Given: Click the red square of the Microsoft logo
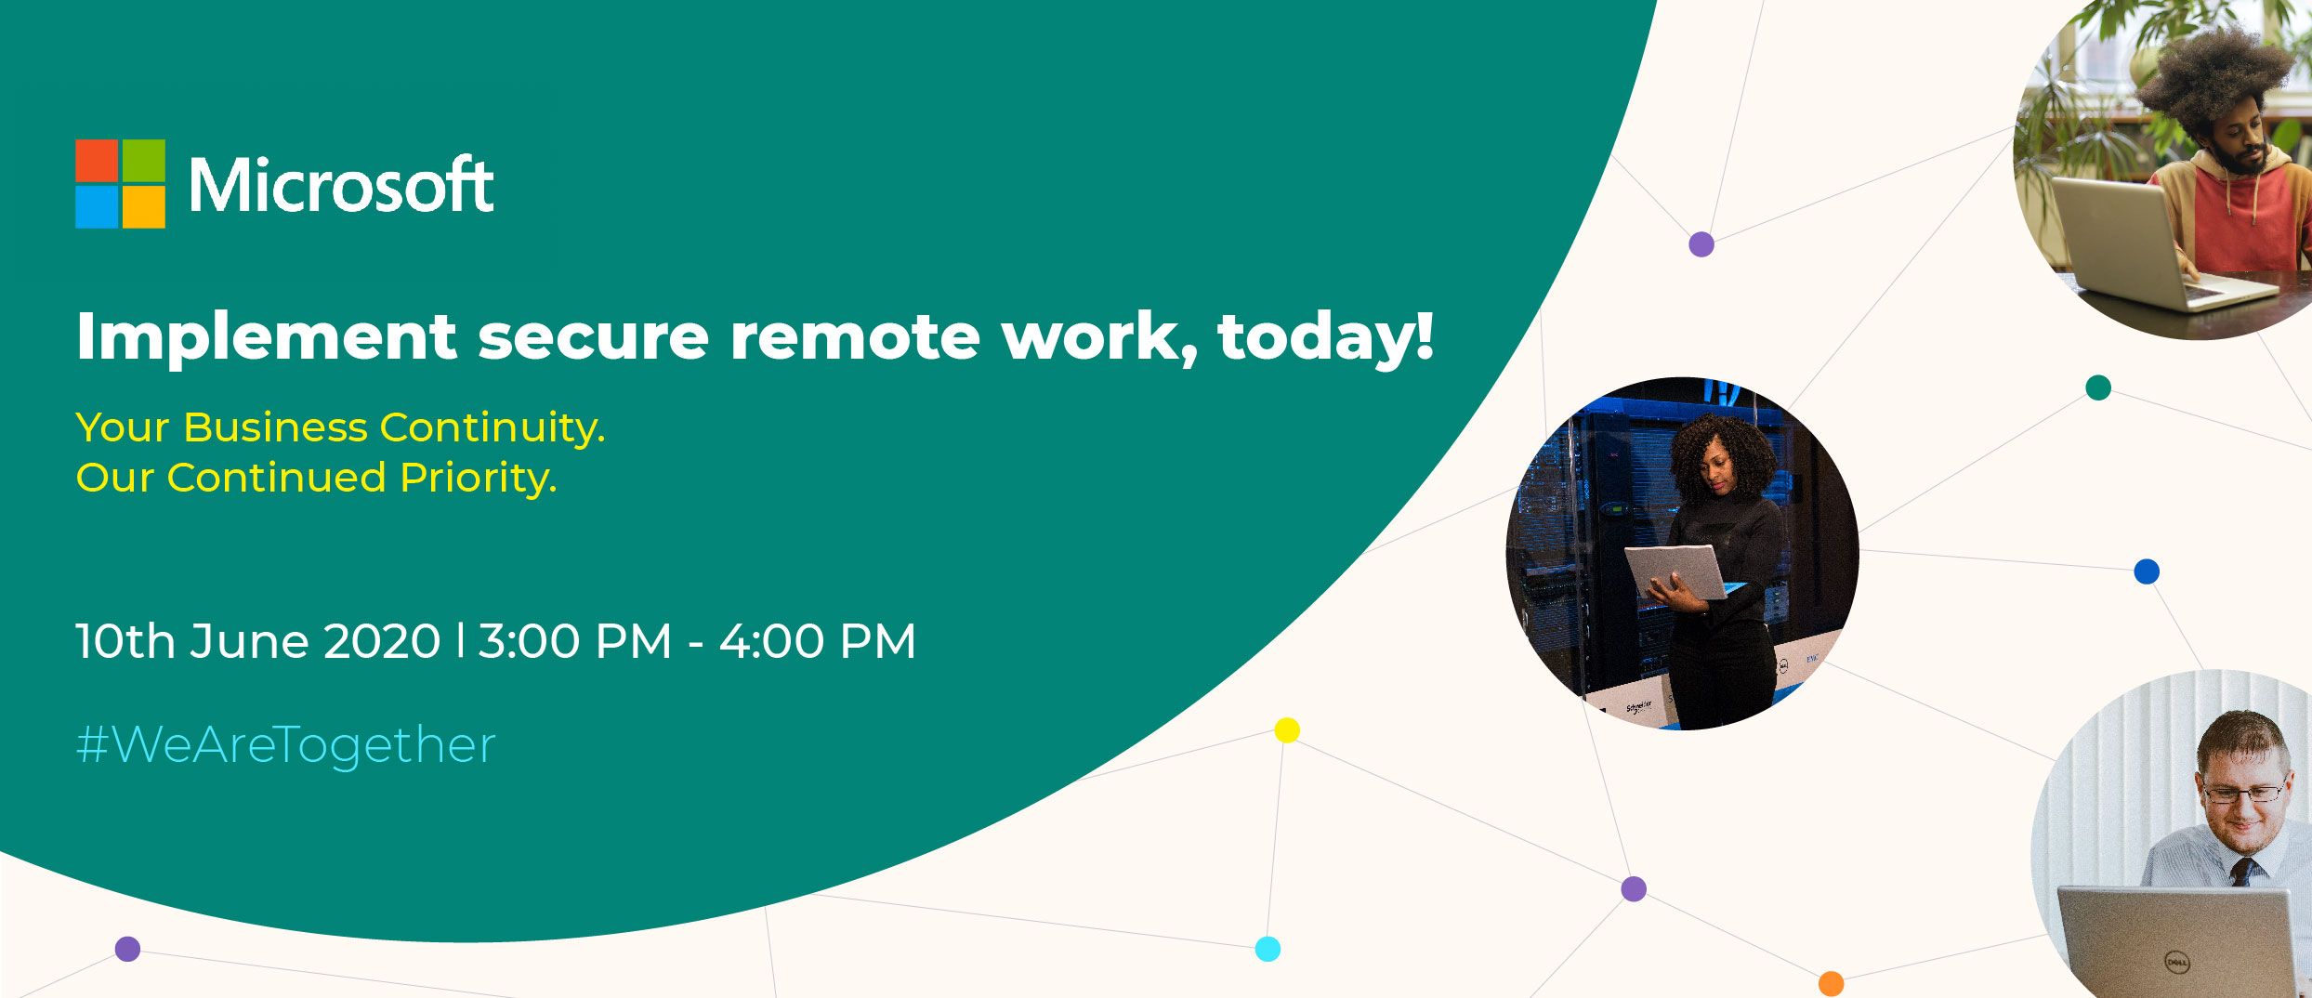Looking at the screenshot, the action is [97, 160].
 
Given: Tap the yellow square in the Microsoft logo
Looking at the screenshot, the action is [144, 207].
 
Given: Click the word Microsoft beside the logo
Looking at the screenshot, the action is [341, 184].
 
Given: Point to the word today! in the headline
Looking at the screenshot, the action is [1326, 336].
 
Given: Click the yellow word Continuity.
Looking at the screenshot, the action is [493, 428].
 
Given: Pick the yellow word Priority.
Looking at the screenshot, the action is [479, 479].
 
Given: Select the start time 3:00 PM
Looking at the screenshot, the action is [574, 641].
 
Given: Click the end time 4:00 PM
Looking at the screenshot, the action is [818, 641].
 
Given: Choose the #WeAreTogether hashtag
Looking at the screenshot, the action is [286, 745].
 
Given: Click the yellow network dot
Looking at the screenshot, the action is [1287, 730].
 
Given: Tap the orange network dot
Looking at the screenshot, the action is [1831, 983].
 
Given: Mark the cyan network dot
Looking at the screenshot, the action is [1268, 949].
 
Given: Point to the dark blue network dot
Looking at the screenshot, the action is [2147, 571].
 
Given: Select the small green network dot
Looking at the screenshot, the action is [2098, 387].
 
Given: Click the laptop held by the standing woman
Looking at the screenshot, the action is [1675, 572].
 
